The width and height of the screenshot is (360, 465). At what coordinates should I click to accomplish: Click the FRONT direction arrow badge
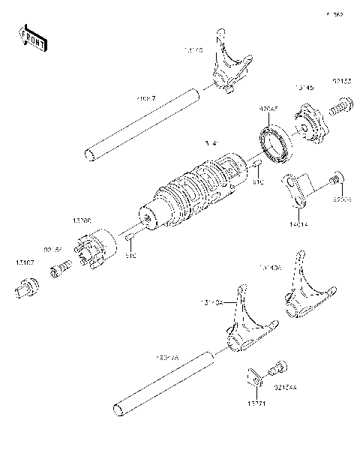(32, 37)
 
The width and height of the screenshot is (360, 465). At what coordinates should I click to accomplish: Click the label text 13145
(304, 88)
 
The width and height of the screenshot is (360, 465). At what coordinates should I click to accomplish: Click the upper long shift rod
(142, 124)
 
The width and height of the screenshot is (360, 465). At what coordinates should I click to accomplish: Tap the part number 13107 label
(23, 262)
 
